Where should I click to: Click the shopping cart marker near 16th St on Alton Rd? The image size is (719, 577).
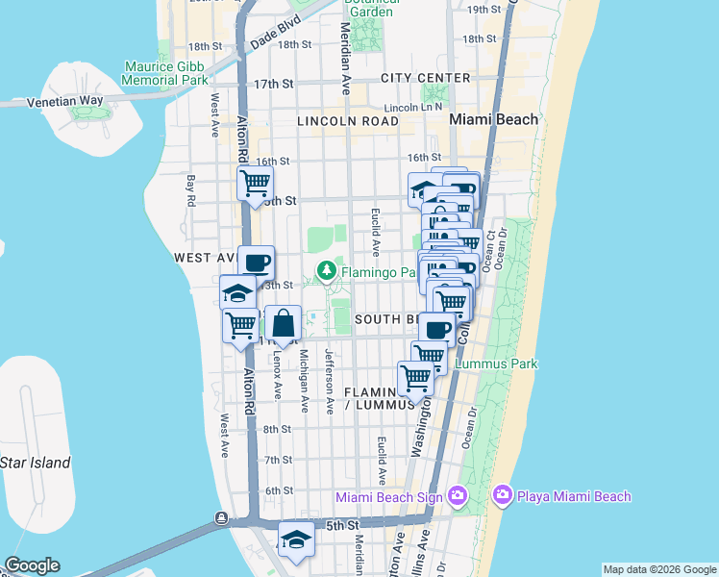coord(255,182)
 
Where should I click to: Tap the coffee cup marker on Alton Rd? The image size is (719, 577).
coord(256,263)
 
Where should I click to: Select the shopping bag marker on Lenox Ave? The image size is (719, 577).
coord(285,325)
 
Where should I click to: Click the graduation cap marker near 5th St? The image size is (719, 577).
coord(296,540)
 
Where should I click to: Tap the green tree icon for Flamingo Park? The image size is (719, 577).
coord(328,271)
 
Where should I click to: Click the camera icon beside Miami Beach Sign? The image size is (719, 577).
coord(457,496)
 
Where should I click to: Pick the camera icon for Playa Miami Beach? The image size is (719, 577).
coord(502,496)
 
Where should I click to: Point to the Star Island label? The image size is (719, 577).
coord(35,463)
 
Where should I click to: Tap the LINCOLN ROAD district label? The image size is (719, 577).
coord(347,121)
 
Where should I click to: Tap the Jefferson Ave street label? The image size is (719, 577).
coord(329,381)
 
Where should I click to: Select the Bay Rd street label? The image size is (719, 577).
coord(191,190)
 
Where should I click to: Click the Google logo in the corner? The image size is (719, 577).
coord(32,565)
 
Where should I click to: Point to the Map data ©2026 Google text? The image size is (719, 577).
coord(659,569)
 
